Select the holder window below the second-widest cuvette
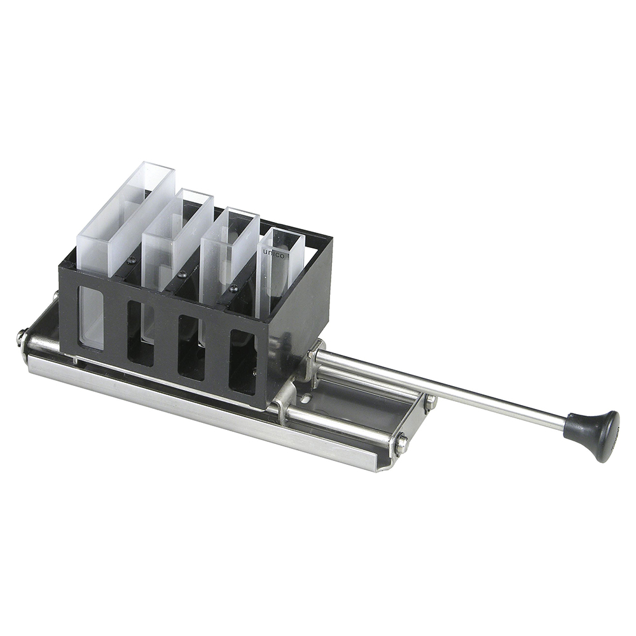(141, 332)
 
